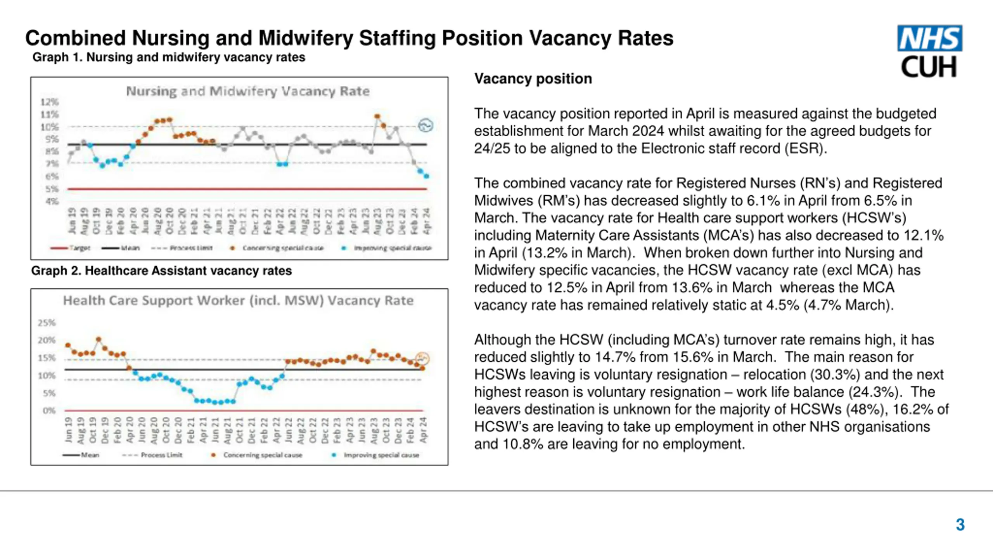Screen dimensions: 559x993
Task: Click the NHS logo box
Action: coord(929,38)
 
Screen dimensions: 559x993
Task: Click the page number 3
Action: coord(960,524)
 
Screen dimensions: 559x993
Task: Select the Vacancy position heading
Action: coord(533,79)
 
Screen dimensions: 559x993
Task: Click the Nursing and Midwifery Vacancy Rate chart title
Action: coord(247,91)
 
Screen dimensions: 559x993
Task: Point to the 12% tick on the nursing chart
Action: coord(50,102)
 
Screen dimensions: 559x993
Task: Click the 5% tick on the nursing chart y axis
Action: coord(52,189)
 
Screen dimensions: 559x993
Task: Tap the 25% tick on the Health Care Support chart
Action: coord(47,323)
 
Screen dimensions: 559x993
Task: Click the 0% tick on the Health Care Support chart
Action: coord(49,410)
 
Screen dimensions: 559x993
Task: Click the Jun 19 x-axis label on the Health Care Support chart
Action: coord(69,430)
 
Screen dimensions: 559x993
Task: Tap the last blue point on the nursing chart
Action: coord(426,176)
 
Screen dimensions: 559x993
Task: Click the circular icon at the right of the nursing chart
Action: coord(425,125)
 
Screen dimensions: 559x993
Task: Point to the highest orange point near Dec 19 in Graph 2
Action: coord(99,339)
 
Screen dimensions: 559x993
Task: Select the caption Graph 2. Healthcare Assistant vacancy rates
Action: coord(161,271)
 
